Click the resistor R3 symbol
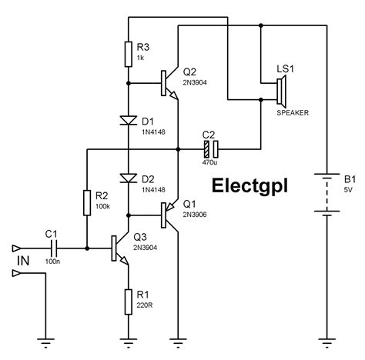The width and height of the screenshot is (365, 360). click(129, 54)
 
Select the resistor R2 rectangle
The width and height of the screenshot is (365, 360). click(87, 202)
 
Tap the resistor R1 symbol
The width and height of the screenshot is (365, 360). click(129, 302)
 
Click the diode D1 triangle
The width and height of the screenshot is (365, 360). click(129, 121)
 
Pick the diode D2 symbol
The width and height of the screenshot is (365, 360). click(129, 178)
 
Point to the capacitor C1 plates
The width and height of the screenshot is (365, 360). click(54, 248)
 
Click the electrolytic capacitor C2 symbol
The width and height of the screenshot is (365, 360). click(211, 149)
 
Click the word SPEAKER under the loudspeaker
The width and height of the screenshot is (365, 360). click(293, 112)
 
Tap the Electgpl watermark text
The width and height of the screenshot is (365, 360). click(249, 186)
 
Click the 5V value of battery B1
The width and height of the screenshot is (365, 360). click(348, 190)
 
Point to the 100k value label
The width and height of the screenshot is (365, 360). click(102, 206)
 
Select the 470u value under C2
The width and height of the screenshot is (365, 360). click(209, 162)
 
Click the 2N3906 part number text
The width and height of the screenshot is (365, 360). click(195, 215)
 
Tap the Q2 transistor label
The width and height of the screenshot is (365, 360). click(189, 72)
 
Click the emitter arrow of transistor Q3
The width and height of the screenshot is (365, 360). click(124, 260)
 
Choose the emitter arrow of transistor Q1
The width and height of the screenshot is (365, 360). click(170, 205)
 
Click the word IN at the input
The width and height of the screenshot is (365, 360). click(23, 261)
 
